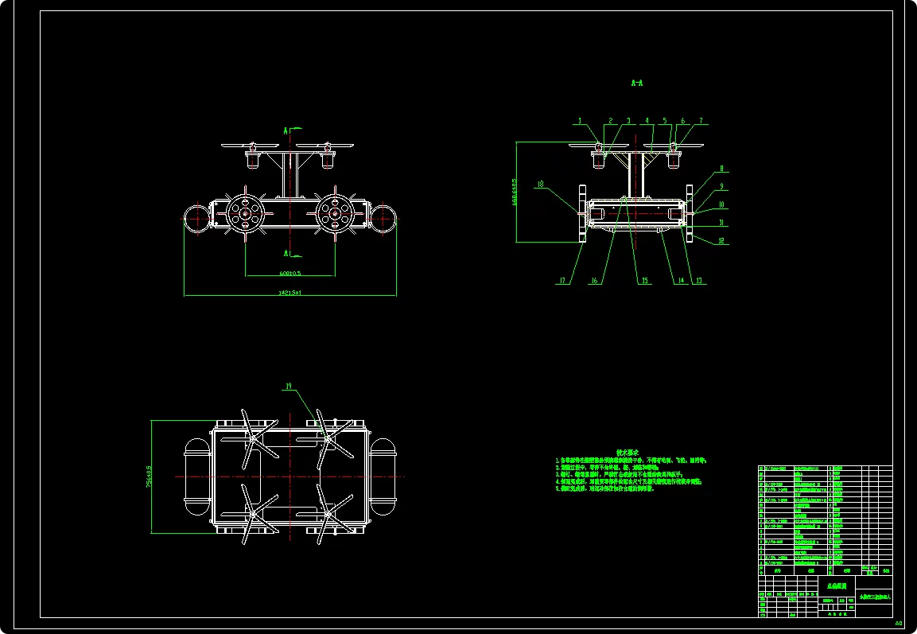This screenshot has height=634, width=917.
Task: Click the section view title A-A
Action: click(x=635, y=82)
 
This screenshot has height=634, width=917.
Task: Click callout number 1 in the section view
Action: click(x=581, y=121)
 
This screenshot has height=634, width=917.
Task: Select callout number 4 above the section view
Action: click(x=648, y=121)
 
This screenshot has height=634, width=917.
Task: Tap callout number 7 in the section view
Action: click(x=701, y=121)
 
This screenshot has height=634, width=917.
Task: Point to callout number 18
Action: click(x=541, y=185)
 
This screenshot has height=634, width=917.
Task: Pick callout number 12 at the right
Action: click(x=721, y=240)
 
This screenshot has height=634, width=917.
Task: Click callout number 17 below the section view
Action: click(x=561, y=280)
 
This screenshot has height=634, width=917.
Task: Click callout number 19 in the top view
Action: click(x=288, y=387)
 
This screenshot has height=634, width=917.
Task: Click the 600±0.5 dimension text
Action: click(x=289, y=273)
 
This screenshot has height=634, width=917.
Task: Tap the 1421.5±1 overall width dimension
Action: click(x=289, y=293)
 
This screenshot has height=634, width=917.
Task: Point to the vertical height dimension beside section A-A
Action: click(x=515, y=191)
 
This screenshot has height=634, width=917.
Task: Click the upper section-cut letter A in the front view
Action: click(x=285, y=129)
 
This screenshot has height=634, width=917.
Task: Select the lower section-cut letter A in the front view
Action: click(x=285, y=253)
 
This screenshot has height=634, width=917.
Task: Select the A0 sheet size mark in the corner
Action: click(x=899, y=624)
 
